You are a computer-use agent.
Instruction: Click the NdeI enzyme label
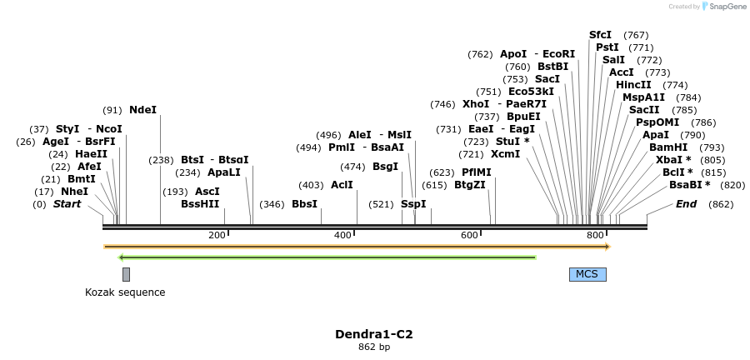point(142,110)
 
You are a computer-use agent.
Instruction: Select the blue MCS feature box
point(587,274)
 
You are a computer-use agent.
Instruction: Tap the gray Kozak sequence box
point(126,274)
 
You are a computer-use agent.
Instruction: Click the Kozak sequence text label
point(125,292)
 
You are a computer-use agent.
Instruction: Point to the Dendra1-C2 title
point(374,334)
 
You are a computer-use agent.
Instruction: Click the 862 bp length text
point(374,347)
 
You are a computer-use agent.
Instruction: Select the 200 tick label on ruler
point(217,236)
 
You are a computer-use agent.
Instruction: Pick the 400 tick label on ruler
point(342,236)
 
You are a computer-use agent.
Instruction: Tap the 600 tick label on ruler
point(468,236)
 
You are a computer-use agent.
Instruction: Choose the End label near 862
point(686,204)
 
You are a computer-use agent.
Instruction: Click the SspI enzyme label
point(413,204)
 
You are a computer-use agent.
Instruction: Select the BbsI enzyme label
point(304,204)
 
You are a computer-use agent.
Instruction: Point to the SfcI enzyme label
point(600,35)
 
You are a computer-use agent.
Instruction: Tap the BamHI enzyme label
point(667,147)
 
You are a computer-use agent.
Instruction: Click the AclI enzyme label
point(342,185)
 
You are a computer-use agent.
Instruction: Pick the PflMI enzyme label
point(477,172)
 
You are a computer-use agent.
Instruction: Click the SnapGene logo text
point(727,7)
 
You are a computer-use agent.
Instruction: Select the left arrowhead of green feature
point(122,257)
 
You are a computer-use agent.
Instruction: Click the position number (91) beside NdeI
point(112,110)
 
